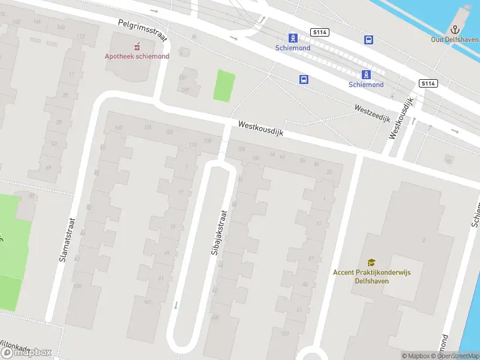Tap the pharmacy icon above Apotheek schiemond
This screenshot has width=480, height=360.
[137, 46]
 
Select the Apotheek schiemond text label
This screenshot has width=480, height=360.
[137, 56]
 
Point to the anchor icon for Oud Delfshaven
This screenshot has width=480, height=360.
[455, 29]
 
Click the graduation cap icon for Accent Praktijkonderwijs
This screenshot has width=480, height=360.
[371, 262]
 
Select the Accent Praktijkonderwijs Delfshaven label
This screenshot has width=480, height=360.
[372, 276]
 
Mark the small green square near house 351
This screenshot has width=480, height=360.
[224, 86]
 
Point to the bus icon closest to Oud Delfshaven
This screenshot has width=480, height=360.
[368, 40]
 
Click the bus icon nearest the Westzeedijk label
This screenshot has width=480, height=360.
[304, 79]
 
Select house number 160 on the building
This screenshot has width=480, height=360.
[118, 127]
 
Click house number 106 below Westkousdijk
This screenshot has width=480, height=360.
[242, 149]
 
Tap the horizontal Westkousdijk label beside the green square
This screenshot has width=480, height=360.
[260, 128]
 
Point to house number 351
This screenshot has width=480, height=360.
[183, 78]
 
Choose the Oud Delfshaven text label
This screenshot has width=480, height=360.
[455, 40]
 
